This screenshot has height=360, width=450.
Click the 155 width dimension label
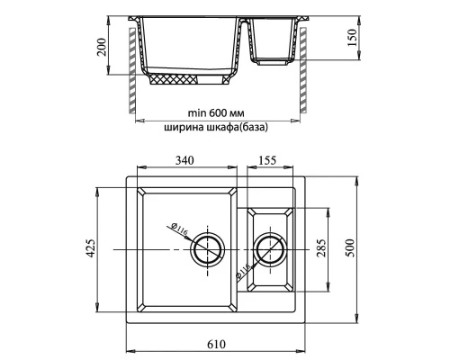click(x=265, y=161)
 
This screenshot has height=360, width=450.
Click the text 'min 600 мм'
click(x=216, y=112)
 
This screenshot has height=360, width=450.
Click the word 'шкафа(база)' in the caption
click(x=237, y=127)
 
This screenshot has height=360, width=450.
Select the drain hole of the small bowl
click(x=269, y=246)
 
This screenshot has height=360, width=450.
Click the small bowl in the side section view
click(x=271, y=40)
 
